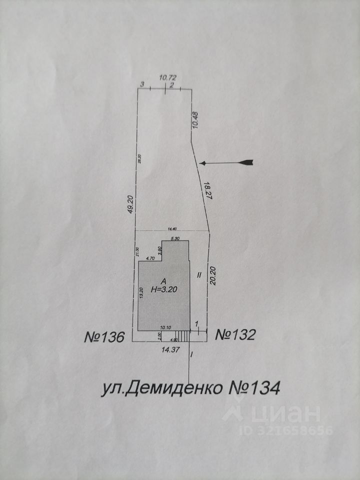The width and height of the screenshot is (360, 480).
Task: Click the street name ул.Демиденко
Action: pos(159,388)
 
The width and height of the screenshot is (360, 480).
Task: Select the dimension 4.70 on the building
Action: pos(149,258)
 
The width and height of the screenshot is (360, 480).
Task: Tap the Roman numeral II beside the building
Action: pos(198,274)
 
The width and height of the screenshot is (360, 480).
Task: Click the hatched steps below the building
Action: pos(184,335)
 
